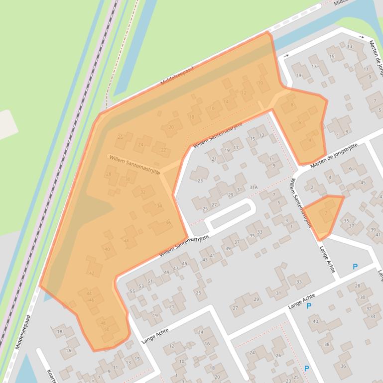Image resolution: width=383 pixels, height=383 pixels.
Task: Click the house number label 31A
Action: point(254,187)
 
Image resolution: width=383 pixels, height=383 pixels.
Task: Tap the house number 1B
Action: point(60,331)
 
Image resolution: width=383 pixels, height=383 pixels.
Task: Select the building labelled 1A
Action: point(69,351)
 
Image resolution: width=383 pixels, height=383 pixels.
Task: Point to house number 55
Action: point(132,291)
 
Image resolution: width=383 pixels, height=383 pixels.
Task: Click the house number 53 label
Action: point(141,286)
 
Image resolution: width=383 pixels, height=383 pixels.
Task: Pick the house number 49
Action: point(166,273)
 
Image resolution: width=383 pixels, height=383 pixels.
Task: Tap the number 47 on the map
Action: point(175,269)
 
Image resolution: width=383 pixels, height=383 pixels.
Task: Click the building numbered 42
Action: point(91,273)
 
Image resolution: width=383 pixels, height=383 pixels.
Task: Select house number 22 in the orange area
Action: point(162,149)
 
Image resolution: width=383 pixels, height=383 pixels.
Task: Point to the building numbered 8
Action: point(292,104)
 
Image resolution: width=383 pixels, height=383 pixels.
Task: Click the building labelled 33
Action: point(299,282)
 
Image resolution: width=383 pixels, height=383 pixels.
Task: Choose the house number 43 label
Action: point(204,260)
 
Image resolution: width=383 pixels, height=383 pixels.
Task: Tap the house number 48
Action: point(103,322)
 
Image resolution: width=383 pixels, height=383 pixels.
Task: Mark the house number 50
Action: point(106,329)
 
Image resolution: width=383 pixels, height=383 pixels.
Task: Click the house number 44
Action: point(89,293)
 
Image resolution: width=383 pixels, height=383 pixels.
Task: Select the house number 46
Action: point(92,300)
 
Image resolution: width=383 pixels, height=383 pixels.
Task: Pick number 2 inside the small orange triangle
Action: point(326,213)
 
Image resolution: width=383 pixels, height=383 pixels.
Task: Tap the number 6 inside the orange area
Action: point(300,122)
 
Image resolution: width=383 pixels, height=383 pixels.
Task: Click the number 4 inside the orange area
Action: point(310,140)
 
